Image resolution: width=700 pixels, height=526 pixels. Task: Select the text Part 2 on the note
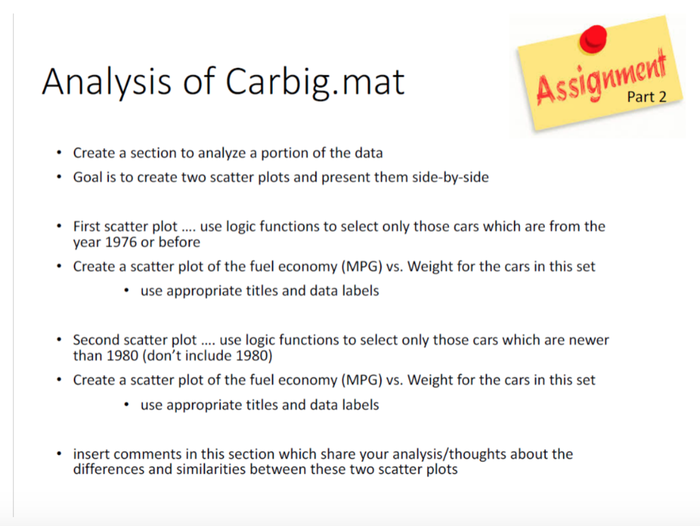pyautogui.click(x=646, y=97)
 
